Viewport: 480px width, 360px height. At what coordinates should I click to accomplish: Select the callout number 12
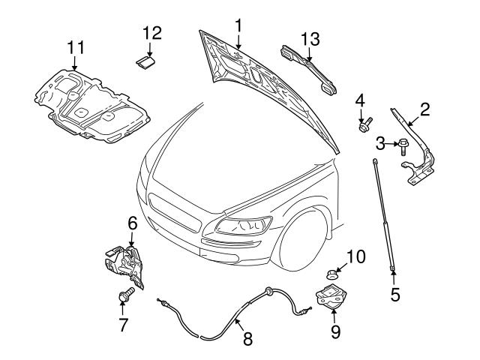click(151, 32)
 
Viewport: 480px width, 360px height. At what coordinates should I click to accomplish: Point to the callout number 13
click(310, 38)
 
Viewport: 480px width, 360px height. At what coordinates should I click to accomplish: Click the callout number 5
click(394, 295)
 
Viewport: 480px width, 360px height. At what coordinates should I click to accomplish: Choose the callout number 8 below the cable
click(247, 338)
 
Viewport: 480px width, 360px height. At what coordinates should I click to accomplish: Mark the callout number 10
click(355, 257)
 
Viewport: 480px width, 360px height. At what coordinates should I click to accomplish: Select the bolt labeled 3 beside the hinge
click(404, 143)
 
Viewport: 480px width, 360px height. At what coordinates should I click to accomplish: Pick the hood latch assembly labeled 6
click(121, 259)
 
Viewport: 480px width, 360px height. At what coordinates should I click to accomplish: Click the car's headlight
click(244, 224)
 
